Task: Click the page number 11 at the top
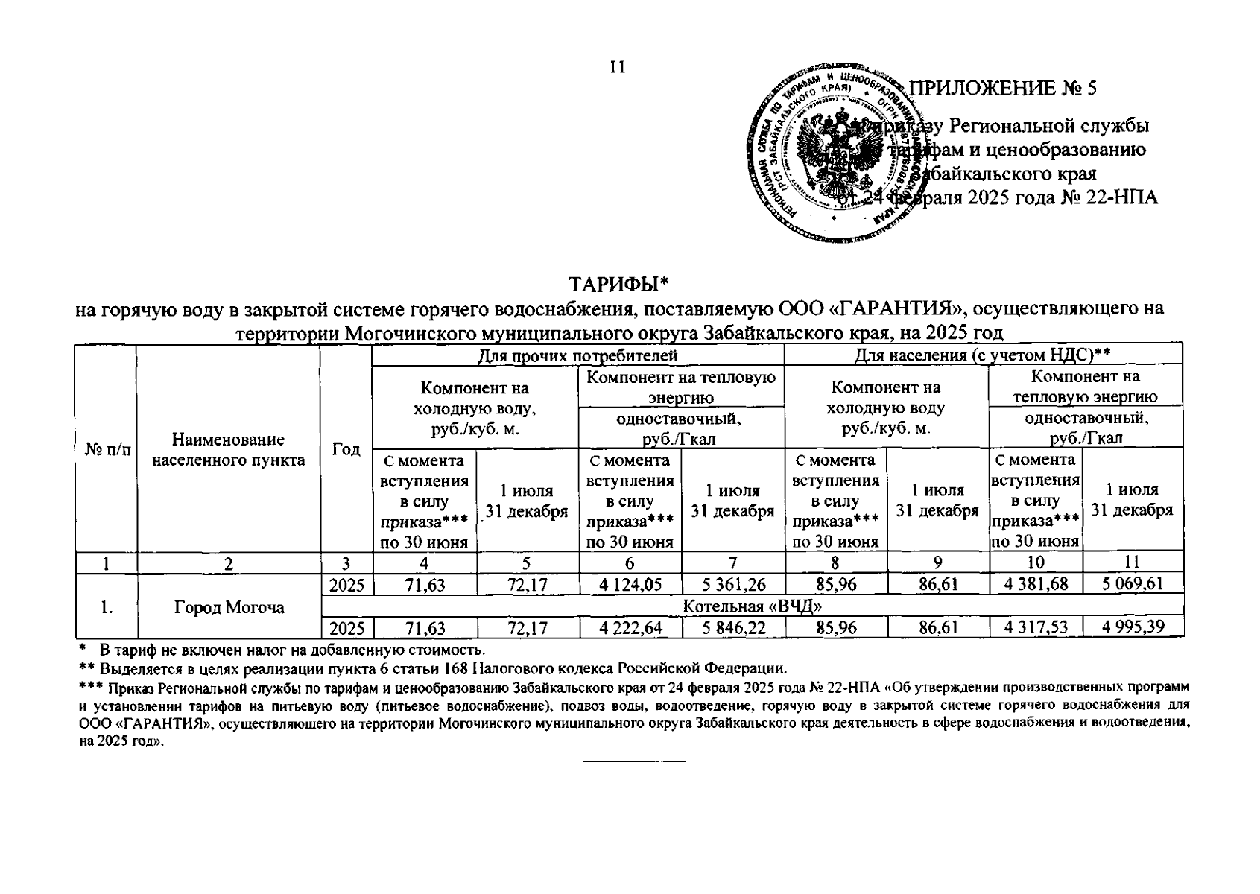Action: (617, 67)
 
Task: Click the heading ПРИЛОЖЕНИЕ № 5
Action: (1005, 88)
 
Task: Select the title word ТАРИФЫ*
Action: (620, 285)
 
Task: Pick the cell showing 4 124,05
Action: (630, 584)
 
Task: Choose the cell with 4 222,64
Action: (630, 628)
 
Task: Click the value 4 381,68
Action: (1036, 584)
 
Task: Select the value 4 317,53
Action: (1036, 628)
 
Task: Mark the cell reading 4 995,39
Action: (1133, 627)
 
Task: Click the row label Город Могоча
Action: (229, 607)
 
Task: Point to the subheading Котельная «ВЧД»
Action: (752, 606)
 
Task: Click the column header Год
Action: (346, 449)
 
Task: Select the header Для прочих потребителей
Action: (577, 355)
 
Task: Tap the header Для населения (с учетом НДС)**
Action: (983, 355)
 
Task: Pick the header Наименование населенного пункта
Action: (229, 450)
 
